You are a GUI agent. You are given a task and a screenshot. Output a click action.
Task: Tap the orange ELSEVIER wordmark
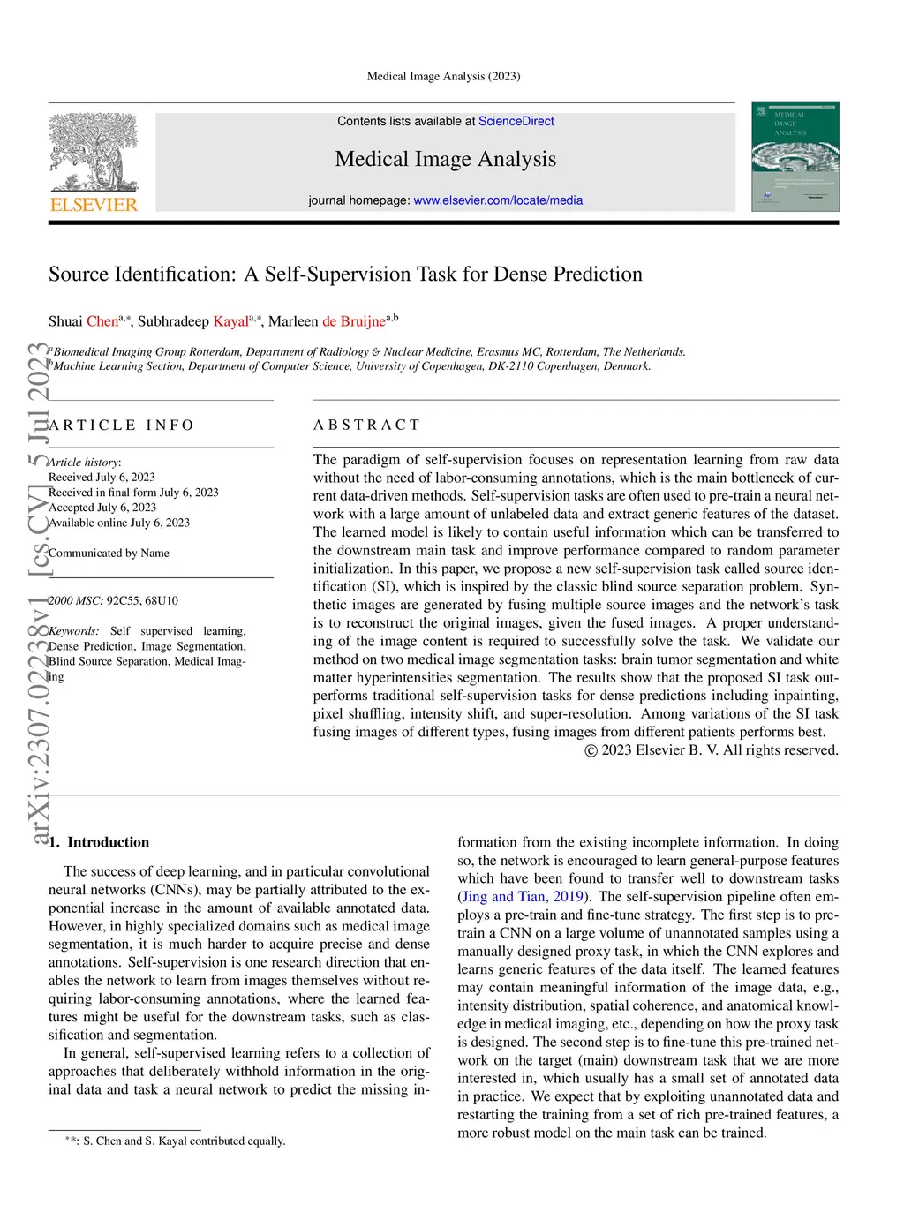[x=94, y=205]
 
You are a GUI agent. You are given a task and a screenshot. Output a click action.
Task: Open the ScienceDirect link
[x=516, y=121]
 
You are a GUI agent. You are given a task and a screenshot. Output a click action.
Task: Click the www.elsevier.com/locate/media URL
[x=498, y=200]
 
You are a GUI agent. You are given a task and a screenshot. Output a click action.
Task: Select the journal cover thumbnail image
[x=795, y=156]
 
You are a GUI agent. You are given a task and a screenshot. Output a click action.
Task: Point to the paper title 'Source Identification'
[x=345, y=275]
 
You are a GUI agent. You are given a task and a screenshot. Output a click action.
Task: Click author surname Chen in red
[x=102, y=321]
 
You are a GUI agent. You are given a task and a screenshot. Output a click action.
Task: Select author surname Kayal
[x=230, y=321]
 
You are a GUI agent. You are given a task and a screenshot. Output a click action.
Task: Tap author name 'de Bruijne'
[x=353, y=321]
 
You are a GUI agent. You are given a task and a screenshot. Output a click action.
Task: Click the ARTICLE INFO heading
[x=122, y=426]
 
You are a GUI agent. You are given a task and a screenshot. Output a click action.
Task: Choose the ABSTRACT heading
[x=366, y=426]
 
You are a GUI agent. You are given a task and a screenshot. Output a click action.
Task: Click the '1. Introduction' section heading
[x=99, y=842]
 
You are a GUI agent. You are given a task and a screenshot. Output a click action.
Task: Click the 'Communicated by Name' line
[x=109, y=554]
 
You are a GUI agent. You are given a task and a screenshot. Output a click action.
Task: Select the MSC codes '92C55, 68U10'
[x=142, y=601]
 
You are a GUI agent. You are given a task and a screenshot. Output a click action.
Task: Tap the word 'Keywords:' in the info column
[x=74, y=631]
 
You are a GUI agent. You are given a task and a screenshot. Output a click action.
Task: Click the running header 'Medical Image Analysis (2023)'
[x=443, y=77]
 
